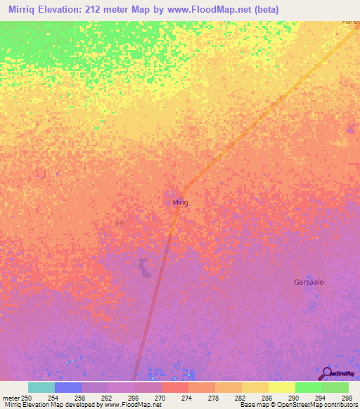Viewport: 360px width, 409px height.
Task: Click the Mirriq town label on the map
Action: pyautogui.click(x=181, y=202)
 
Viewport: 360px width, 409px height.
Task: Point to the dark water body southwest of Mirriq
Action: pyautogui.click(x=144, y=268)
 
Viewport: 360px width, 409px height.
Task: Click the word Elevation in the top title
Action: pyautogui.click(x=69, y=10)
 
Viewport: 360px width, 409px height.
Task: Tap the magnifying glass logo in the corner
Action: pyautogui.click(x=326, y=373)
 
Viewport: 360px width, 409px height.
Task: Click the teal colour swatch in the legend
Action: pyautogui.click(x=41, y=387)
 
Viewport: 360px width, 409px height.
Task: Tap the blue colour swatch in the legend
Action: pyautogui.click(x=68, y=387)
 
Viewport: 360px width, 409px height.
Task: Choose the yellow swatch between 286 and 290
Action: pyautogui.click(x=255, y=387)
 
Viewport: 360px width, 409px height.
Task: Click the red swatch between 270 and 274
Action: pyautogui.click(x=175, y=387)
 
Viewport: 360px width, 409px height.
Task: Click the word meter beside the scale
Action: pyautogui.click(x=9, y=397)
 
